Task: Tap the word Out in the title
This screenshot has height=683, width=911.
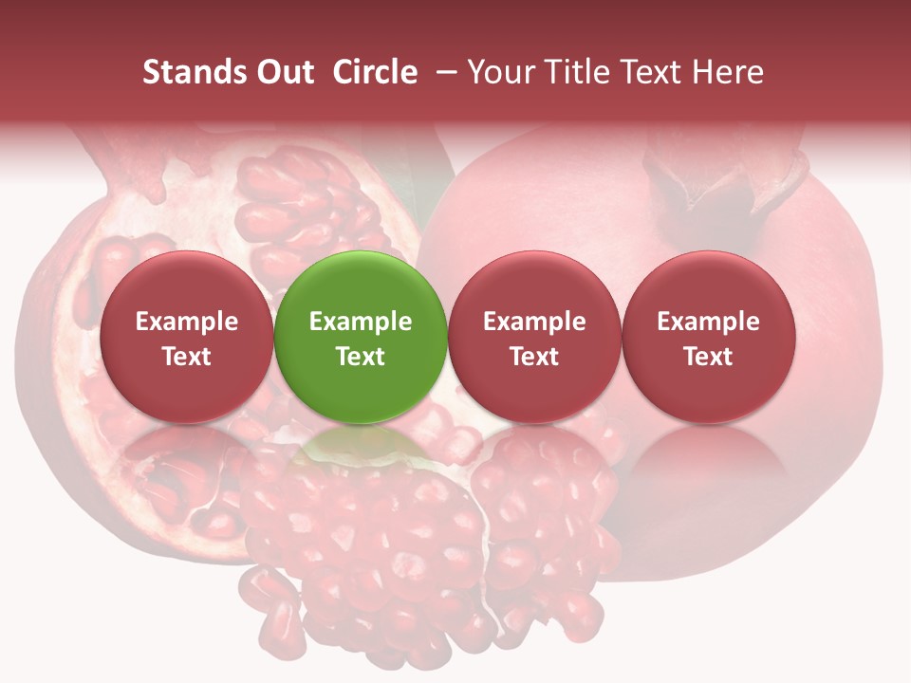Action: [283, 72]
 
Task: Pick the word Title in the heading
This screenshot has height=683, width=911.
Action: [579, 72]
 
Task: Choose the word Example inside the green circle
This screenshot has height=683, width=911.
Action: [361, 322]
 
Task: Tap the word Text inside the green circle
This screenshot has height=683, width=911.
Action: [361, 357]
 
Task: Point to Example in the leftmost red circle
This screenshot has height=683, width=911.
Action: [186, 322]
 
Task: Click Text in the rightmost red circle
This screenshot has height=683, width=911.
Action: [708, 357]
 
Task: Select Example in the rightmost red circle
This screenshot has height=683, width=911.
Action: [708, 322]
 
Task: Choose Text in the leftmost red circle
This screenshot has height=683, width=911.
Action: [186, 357]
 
